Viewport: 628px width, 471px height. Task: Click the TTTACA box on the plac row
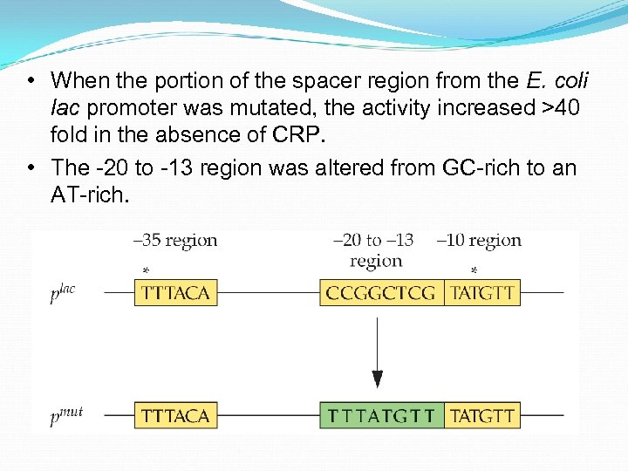pyautogui.click(x=176, y=293)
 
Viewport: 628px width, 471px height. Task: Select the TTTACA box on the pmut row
pyautogui.click(x=176, y=416)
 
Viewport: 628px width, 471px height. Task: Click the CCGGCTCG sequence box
pyautogui.click(x=381, y=293)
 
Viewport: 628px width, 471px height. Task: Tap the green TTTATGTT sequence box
pyautogui.click(x=381, y=416)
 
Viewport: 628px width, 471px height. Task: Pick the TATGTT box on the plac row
pyautogui.click(x=482, y=293)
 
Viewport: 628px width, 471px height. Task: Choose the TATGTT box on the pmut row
pyautogui.click(x=482, y=416)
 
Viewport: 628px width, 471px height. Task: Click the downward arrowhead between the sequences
pyautogui.click(x=377, y=379)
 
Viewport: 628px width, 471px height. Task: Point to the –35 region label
pyautogui.click(x=175, y=241)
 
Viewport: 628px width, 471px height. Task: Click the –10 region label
pyautogui.click(x=478, y=241)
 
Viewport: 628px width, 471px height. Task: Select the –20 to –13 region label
pyautogui.click(x=375, y=250)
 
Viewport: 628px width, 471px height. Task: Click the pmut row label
pyautogui.click(x=66, y=416)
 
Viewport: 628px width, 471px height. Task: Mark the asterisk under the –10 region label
pyautogui.click(x=474, y=271)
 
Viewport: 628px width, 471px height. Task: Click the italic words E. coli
pyautogui.click(x=557, y=81)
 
